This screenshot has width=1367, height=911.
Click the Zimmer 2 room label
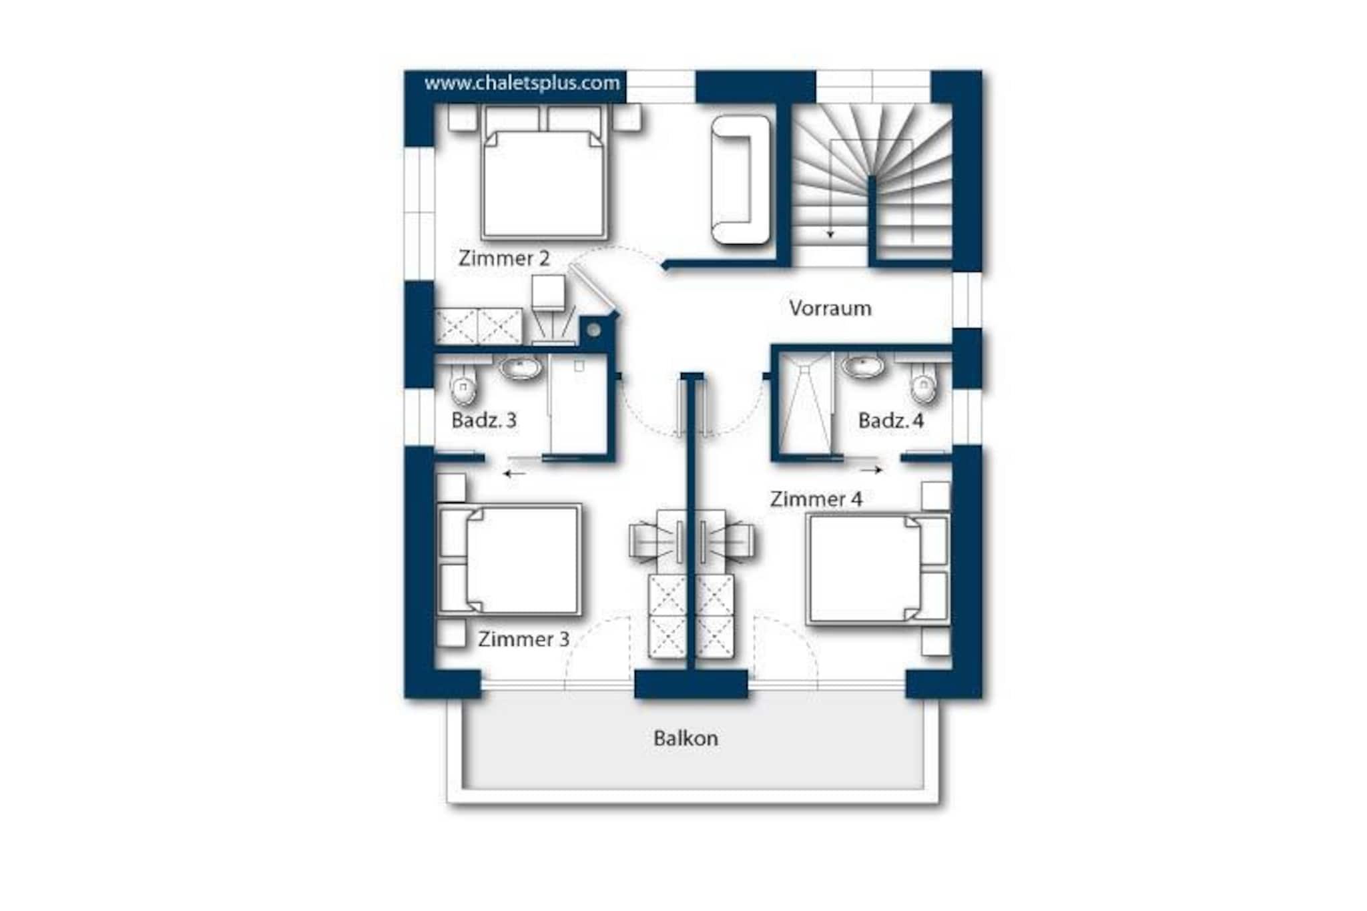click(x=504, y=258)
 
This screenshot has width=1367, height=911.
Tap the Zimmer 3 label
click(x=524, y=639)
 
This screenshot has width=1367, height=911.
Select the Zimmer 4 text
click(x=816, y=499)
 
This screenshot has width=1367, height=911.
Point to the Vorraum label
click(x=830, y=308)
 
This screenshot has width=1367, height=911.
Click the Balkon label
click(x=686, y=738)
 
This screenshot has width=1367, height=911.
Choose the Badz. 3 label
click(x=484, y=420)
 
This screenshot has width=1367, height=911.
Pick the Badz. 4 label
click(x=891, y=421)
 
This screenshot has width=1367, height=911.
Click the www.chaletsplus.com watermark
click(x=522, y=83)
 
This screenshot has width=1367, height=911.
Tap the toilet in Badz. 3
click(x=463, y=384)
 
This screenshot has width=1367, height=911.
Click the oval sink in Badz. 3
click(x=521, y=368)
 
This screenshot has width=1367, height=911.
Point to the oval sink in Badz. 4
click(x=864, y=366)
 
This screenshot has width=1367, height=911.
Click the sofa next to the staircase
click(x=741, y=180)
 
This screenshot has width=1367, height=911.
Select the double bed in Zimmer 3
click(x=509, y=560)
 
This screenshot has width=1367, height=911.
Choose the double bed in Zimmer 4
click(x=878, y=569)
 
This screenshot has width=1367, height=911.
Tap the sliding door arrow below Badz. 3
click(x=514, y=474)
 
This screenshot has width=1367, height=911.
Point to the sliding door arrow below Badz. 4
click(x=872, y=470)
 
